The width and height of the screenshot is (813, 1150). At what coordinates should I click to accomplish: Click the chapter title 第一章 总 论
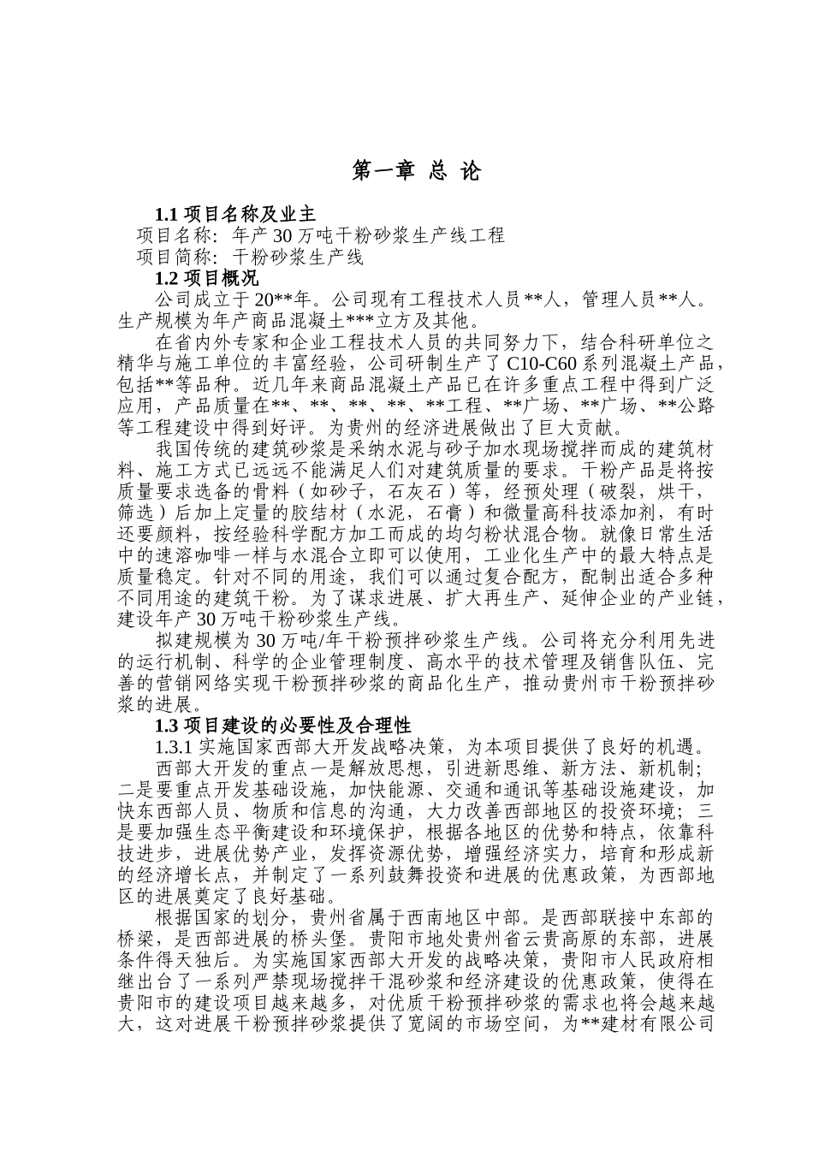417,172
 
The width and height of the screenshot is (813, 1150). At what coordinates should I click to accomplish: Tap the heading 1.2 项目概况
205,278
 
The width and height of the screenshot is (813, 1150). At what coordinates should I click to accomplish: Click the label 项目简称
174,257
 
